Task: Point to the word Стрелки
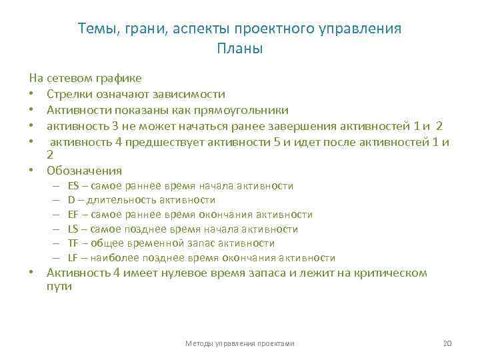(x=70, y=94)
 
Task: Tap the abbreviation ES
(x=73, y=186)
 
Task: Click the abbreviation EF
(x=73, y=215)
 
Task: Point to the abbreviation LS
(x=73, y=229)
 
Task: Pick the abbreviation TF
(x=73, y=243)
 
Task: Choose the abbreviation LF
(x=73, y=258)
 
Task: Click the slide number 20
(x=447, y=343)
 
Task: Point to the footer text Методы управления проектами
(x=240, y=343)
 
